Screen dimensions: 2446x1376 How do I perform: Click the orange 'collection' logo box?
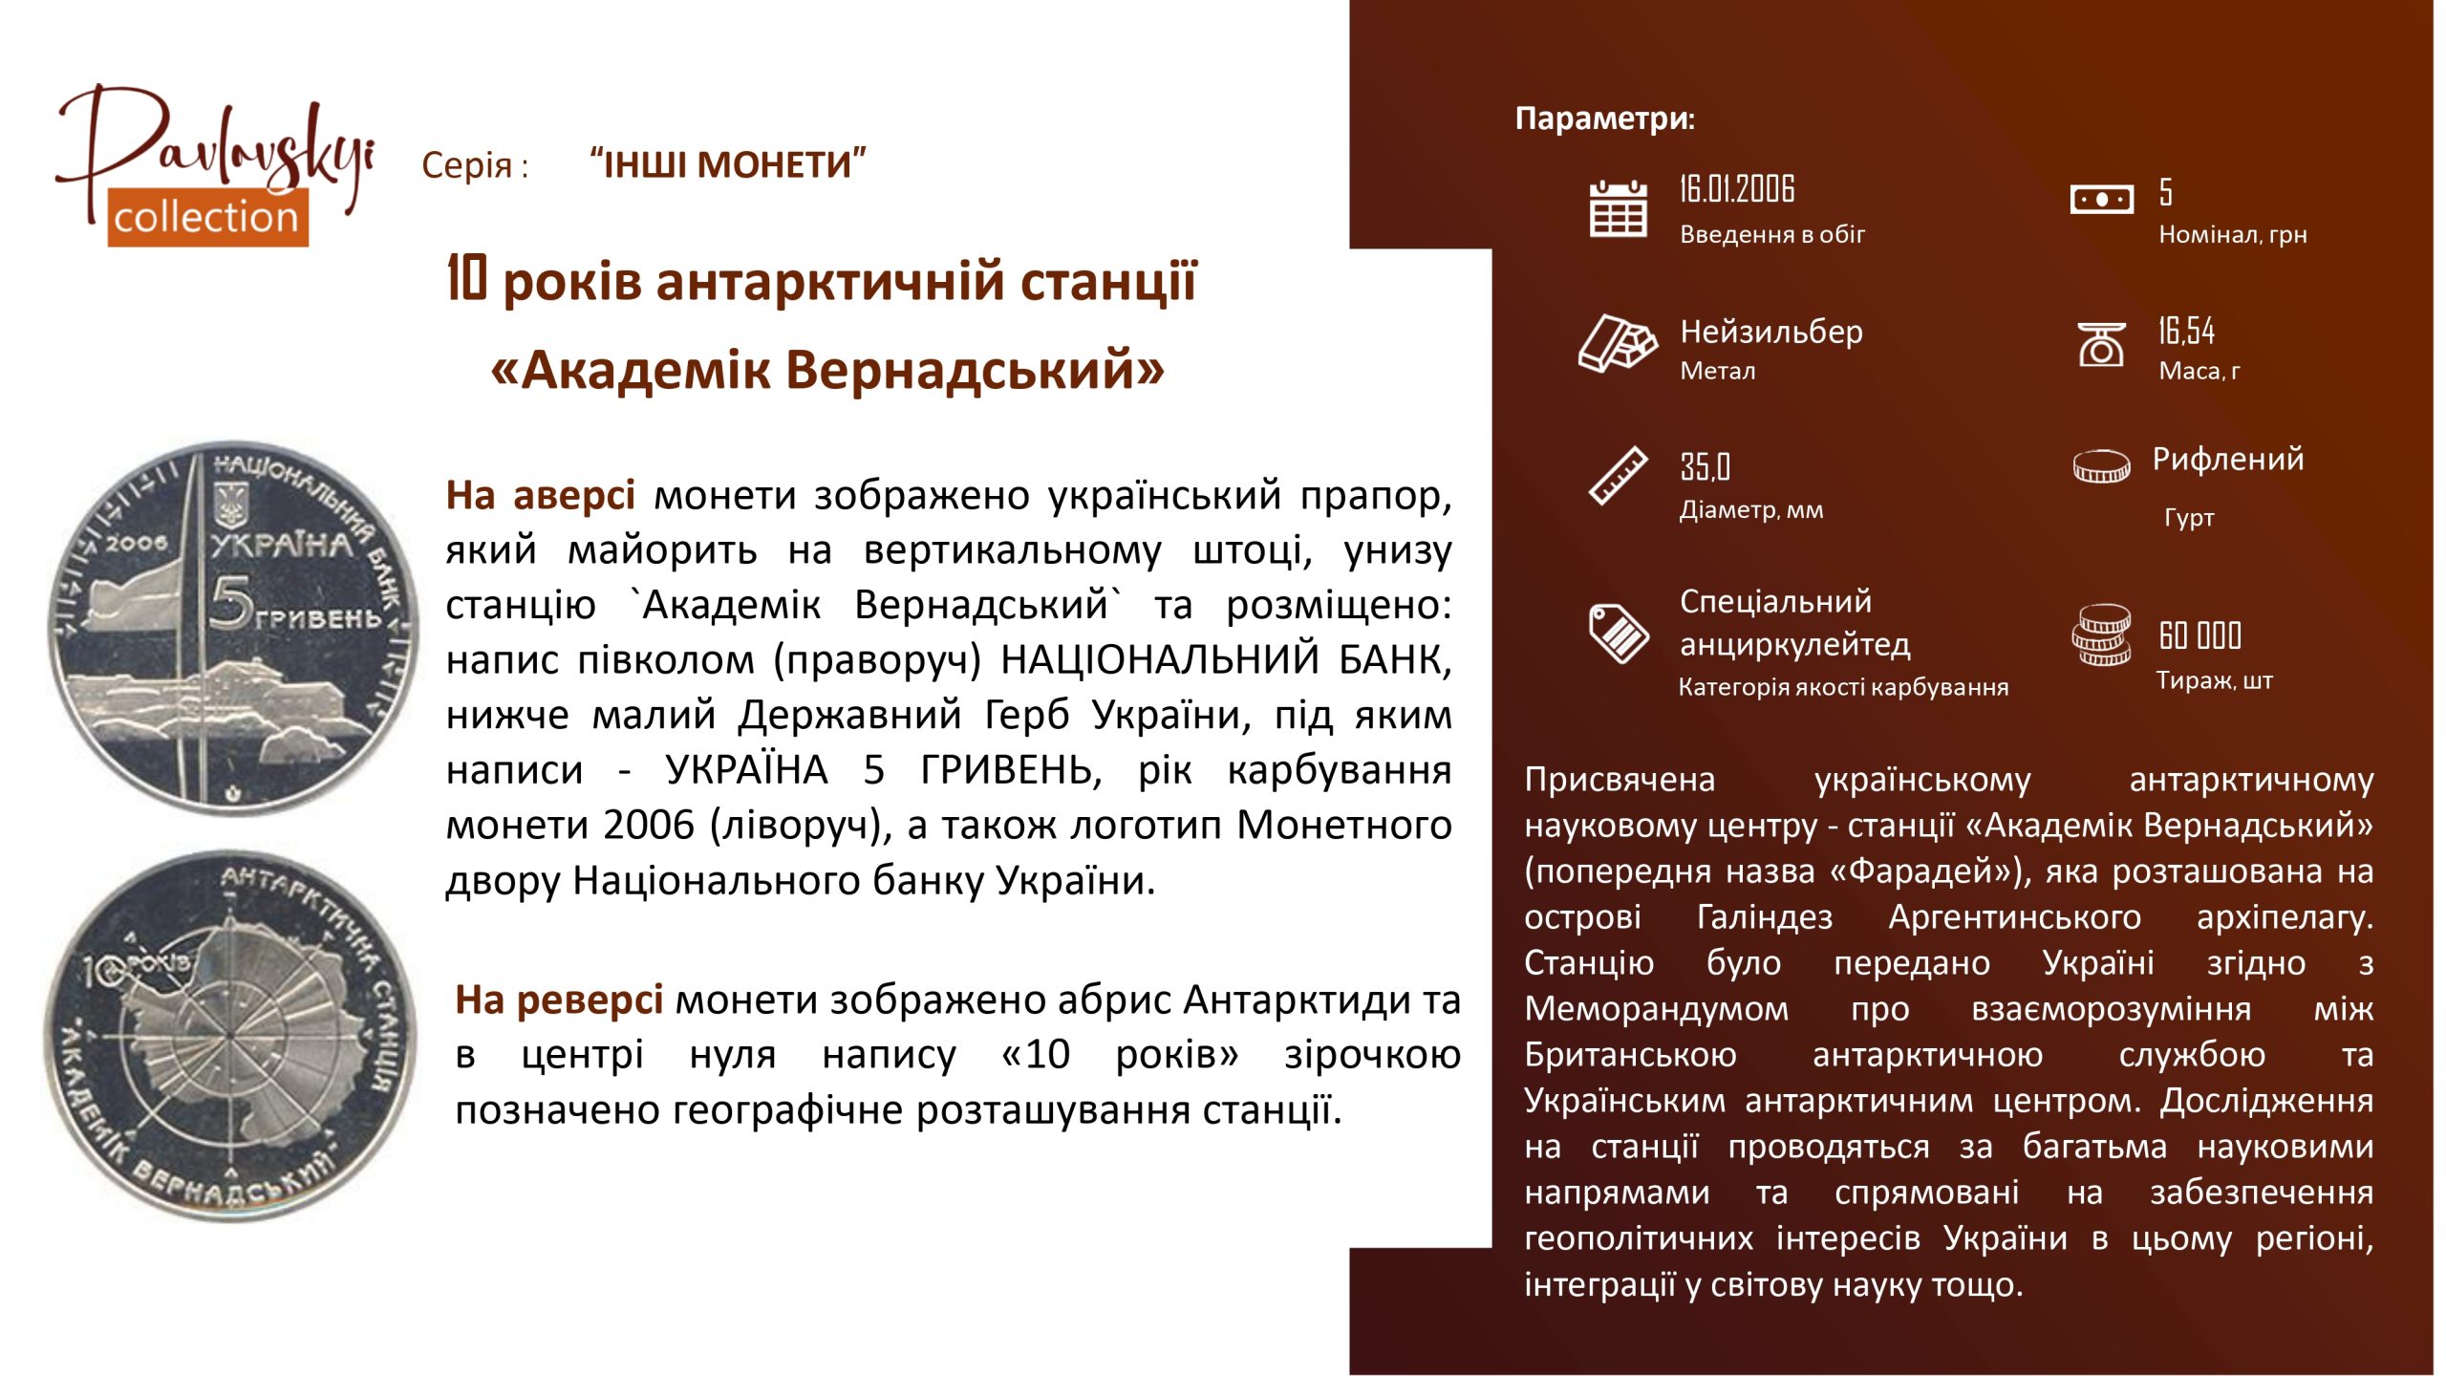207,217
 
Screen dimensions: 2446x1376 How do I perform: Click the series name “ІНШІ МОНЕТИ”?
728,164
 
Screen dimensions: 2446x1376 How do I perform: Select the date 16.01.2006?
1737,189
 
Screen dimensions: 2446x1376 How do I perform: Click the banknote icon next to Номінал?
2101,199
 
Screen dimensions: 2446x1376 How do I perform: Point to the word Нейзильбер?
1771,332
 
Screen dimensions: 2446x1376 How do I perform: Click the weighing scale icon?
2101,344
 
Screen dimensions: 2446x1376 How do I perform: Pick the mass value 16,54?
2186,331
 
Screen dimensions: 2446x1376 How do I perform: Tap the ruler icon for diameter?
1618,476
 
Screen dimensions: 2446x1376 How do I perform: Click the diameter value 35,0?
1705,466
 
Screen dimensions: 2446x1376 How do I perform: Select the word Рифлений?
2227,459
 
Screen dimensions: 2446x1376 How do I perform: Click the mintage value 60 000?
2199,634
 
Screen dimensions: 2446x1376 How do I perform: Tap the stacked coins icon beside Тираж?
2101,634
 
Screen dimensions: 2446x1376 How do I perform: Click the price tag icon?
1618,633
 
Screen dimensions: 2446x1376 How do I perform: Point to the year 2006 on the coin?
136,543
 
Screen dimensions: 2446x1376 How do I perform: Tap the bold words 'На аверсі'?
540,495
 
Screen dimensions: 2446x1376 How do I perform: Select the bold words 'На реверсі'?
559,1000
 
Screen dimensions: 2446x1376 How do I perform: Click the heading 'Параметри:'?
1605,118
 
